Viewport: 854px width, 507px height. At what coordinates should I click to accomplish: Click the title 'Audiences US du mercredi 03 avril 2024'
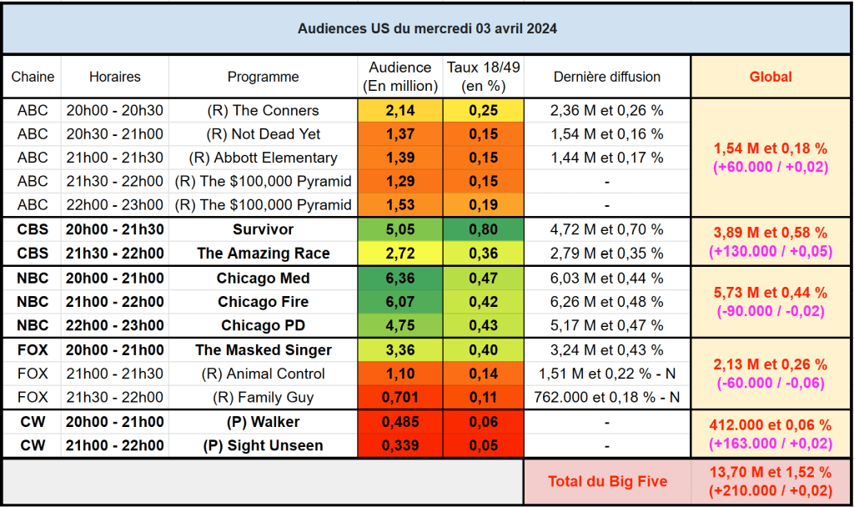click(x=427, y=28)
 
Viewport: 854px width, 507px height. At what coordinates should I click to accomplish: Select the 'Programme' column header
click(x=263, y=77)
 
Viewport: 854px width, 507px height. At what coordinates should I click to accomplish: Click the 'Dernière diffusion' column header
click(x=606, y=77)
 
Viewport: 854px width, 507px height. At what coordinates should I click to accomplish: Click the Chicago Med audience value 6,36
click(x=399, y=279)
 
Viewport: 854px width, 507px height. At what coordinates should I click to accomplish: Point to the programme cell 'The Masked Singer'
click(x=263, y=350)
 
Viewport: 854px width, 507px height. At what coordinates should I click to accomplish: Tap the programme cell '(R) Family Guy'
click(x=263, y=397)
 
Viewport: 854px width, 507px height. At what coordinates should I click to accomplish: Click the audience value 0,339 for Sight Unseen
click(x=399, y=445)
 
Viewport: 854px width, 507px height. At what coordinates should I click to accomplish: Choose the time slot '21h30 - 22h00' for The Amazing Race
click(x=115, y=254)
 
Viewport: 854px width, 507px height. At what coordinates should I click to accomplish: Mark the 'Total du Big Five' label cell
click(x=606, y=481)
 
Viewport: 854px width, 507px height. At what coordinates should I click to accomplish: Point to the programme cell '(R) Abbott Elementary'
click(x=263, y=158)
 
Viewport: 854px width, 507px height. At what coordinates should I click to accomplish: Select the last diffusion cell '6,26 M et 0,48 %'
click(x=606, y=302)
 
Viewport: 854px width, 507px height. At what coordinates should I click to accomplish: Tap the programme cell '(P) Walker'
click(x=263, y=422)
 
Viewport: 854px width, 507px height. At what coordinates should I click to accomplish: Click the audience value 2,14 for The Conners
click(x=399, y=110)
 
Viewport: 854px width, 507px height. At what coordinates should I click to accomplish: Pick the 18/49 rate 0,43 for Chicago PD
click(x=483, y=325)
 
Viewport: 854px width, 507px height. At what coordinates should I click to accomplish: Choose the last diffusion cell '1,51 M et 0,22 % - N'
click(x=606, y=374)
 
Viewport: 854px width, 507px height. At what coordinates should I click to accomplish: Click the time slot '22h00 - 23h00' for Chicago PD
click(x=115, y=325)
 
